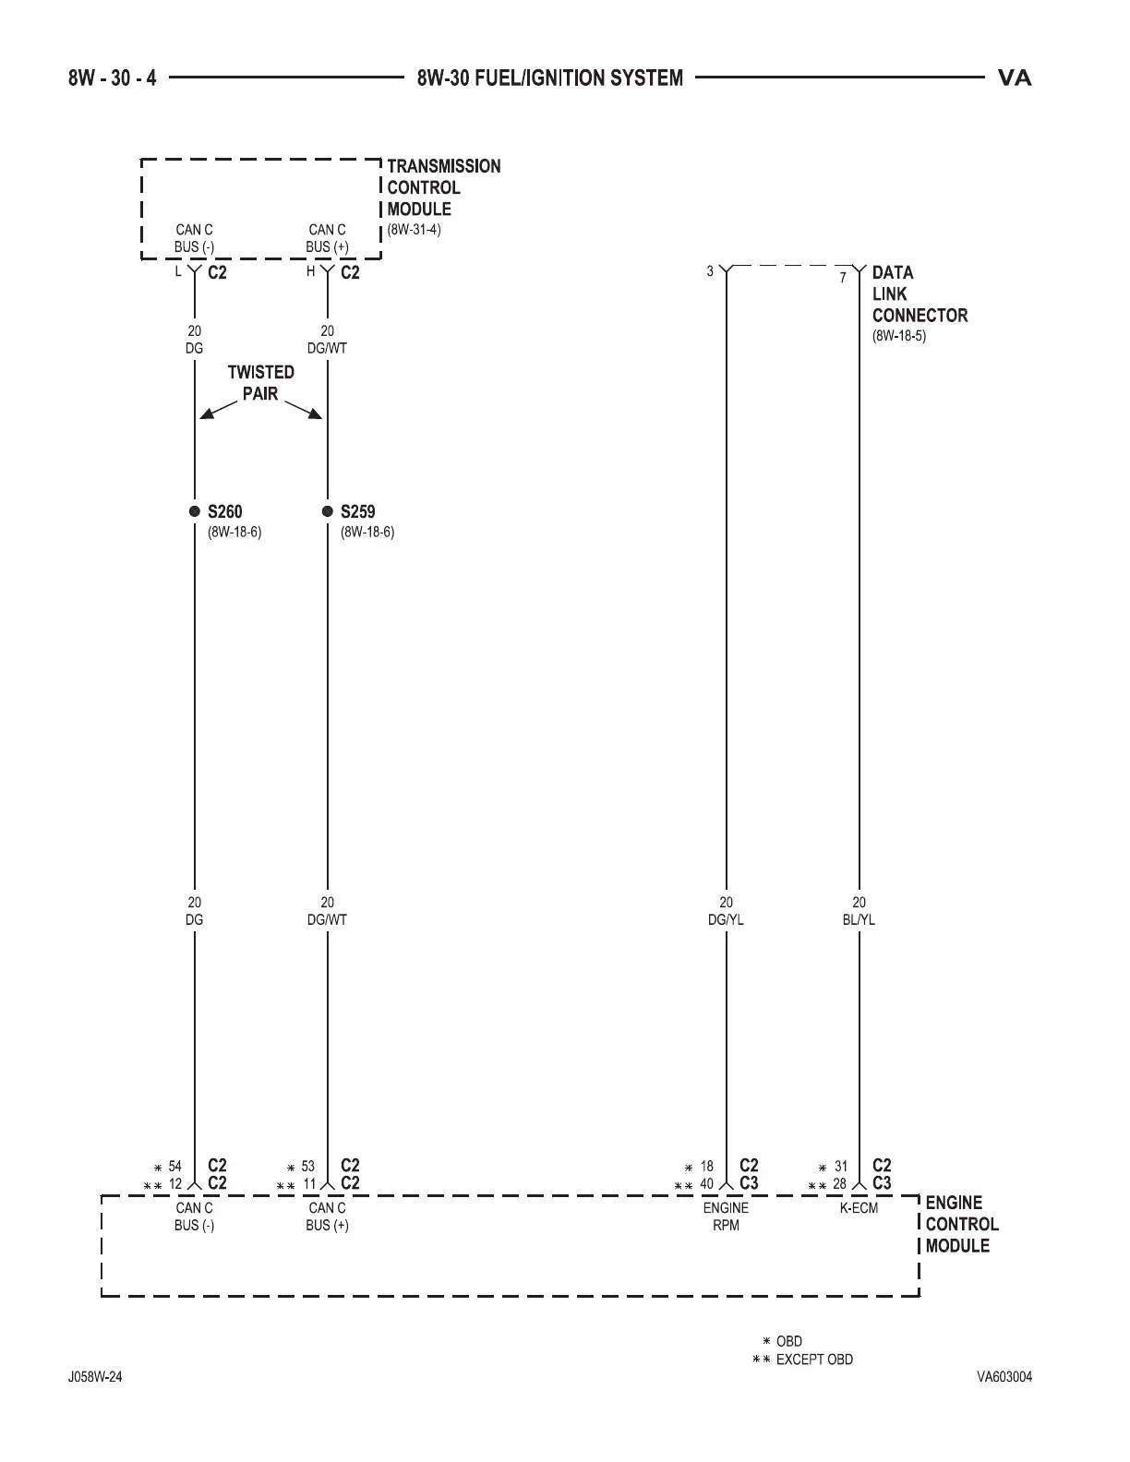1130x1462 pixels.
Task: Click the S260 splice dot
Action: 195,511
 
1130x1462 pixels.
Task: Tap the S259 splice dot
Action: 328,511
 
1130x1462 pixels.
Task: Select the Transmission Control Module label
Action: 443,187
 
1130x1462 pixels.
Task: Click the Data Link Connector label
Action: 920,294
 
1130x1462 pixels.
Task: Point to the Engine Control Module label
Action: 961,1224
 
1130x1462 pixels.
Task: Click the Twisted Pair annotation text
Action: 261,383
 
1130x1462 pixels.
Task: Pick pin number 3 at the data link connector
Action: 710,271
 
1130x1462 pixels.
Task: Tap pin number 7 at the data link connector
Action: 843,277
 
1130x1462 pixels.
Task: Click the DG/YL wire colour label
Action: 727,919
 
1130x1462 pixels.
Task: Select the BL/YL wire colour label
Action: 860,919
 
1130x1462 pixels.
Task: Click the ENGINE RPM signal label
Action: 727,1216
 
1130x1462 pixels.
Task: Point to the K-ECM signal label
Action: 859,1207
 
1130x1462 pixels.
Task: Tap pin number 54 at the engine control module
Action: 175,1167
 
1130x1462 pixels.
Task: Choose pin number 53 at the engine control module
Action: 308,1167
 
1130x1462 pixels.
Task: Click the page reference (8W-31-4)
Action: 414,230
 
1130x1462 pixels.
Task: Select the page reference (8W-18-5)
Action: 899,336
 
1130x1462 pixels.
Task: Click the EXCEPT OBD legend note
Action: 814,1359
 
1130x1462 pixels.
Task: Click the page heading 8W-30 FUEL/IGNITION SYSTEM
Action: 550,78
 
